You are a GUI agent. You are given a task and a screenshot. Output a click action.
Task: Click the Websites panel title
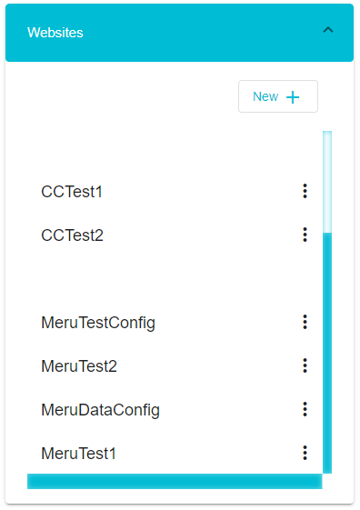point(55,33)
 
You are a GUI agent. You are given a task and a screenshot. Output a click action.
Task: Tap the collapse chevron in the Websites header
point(328,30)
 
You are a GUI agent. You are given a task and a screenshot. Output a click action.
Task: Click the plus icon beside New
point(293,97)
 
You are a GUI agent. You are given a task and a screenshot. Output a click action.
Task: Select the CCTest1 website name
point(72,192)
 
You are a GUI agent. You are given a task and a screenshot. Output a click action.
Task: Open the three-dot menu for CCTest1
point(305,191)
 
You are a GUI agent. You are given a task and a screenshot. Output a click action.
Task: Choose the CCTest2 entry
point(72,235)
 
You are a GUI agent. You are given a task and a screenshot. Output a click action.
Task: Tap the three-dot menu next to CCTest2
point(305,235)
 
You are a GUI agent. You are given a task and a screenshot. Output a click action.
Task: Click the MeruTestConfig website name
point(98,323)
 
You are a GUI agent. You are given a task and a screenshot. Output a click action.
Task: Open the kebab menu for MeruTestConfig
point(305,322)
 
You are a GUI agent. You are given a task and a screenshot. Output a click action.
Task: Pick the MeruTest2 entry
point(79,366)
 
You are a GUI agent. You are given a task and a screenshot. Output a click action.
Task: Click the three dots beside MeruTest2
point(305,365)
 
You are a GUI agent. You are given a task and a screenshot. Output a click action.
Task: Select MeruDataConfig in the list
point(101,410)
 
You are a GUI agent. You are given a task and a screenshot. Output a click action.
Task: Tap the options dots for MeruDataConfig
point(305,409)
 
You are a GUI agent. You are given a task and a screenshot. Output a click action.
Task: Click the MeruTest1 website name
point(79,454)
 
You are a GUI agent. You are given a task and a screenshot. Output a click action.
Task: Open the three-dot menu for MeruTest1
point(305,453)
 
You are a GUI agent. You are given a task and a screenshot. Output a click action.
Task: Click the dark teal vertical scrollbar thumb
point(327,353)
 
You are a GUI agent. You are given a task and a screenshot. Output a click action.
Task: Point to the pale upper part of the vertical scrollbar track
point(327,182)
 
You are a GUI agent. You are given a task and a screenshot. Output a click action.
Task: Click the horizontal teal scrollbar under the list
point(175,481)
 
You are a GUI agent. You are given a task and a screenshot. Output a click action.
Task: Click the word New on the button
point(265,96)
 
